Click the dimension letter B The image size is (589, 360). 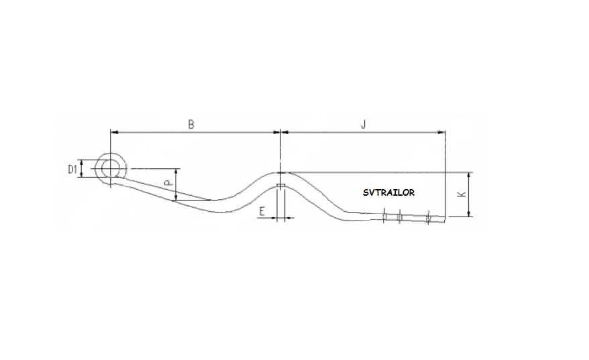point(191,124)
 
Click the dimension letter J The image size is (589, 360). point(363,124)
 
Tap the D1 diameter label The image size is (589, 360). point(72,170)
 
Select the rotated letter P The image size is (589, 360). point(168,183)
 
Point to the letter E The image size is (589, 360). point(262,211)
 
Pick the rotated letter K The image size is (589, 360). point(462,194)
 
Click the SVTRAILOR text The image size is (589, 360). point(389,192)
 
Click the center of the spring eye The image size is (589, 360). point(111,168)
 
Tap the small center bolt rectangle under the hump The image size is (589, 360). point(280,186)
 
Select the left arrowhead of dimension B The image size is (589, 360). point(114,132)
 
